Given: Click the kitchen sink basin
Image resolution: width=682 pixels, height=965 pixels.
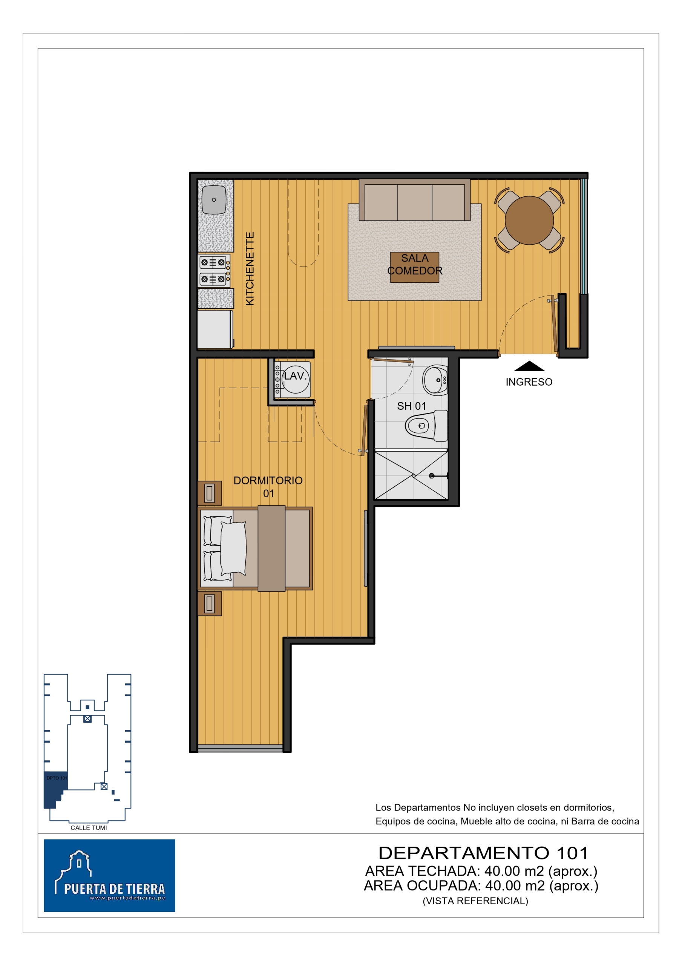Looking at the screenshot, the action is point(214,200).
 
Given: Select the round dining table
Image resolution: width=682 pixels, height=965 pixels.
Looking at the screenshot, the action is point(529,220).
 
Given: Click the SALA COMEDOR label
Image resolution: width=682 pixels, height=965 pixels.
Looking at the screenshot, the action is point(415,264).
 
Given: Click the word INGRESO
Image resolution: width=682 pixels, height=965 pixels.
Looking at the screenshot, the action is point(529,382).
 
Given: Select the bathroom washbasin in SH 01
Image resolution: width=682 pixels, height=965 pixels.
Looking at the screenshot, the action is point(435,380).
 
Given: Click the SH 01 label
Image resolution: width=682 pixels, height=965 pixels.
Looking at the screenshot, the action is point(412,406).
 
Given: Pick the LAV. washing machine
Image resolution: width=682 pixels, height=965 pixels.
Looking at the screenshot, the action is point(293,380).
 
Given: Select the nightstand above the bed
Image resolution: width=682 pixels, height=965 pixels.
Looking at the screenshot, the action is point(209,493).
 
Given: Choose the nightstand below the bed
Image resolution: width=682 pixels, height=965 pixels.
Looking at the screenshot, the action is point(209,604).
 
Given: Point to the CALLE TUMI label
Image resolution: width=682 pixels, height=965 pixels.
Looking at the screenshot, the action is point(89,828).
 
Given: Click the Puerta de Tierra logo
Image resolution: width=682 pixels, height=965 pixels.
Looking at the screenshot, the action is point(109,876).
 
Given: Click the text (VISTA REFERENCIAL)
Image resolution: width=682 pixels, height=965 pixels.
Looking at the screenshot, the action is point(475,901).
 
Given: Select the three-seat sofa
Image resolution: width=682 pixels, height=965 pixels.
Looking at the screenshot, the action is point(414,200).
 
